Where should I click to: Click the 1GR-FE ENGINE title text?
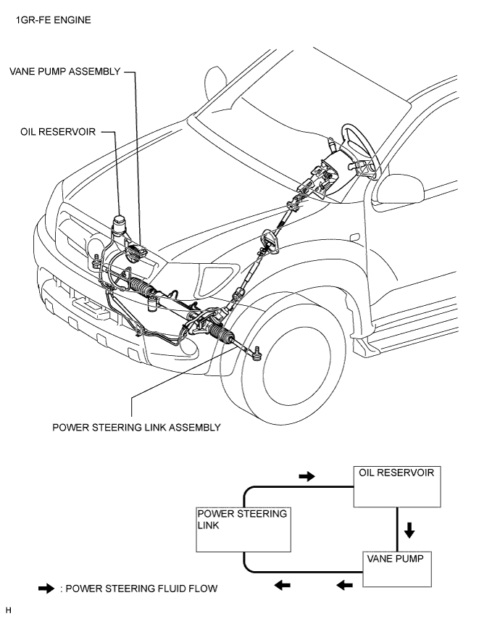(x=54, y=20)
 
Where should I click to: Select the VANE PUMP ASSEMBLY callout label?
(x=65, y=72)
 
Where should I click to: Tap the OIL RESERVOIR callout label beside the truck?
(x=58, y=132)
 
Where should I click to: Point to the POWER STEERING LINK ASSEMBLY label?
(x=136, y=428)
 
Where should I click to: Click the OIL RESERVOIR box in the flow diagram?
(x=397, y=487)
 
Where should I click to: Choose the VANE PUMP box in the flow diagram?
(x=397, y=569)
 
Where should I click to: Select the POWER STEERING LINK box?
(x=243, y=529)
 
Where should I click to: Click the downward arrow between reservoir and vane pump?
(x=409, y=530)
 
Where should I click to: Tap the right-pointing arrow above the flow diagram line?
(x=307, y=476)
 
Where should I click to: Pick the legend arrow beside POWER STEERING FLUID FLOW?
(x=46, y=589)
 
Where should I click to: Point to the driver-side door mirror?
(x=399, y=189)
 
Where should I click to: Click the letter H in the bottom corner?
(x=9, y=610)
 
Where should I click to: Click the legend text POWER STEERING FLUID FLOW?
(x=141, y=589)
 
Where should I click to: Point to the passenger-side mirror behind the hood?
(x=215, y=84)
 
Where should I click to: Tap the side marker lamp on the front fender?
(x=354, y=237)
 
